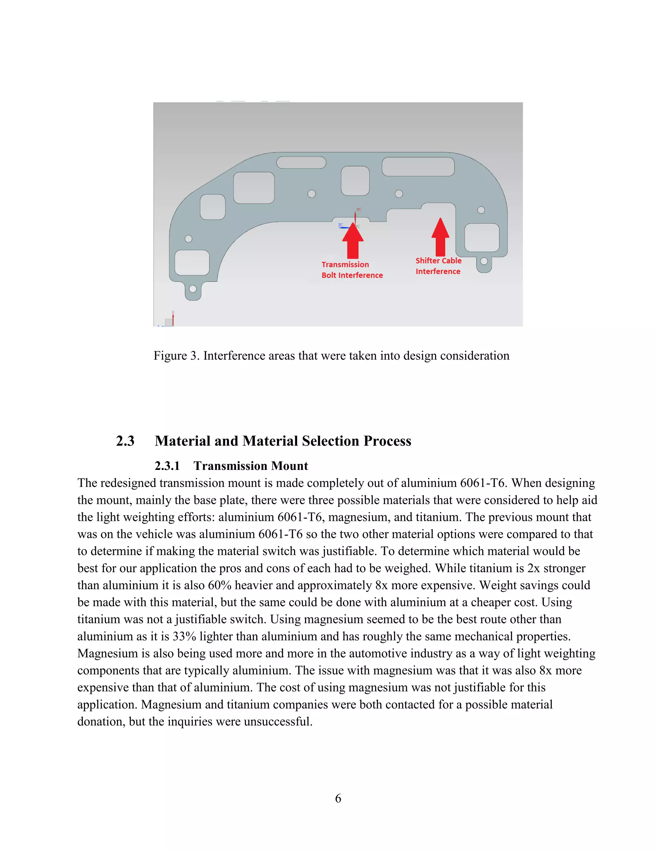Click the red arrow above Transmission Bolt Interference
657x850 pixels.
coord(353,241)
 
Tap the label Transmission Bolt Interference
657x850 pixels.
coord(352,270)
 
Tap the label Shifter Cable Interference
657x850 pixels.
coord(438,266)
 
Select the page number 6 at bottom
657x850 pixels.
coord(338,798)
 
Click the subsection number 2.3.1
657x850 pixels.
coord(167,466)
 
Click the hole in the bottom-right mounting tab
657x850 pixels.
coord(484,261)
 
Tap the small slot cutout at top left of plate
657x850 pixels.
coord(301,162)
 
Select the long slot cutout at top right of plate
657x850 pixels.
coord(418,166)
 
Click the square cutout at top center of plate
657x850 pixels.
coord(355,181)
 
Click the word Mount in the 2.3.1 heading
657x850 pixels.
coord(290,466)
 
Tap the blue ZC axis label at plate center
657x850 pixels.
coord(340,225)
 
